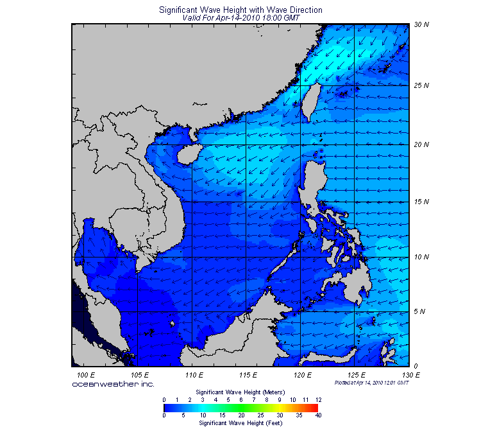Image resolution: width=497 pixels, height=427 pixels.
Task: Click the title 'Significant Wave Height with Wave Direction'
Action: [240, 10]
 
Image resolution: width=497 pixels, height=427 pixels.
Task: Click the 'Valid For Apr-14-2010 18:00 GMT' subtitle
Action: [241, 18]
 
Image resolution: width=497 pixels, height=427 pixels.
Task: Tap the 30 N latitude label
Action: [421, 24]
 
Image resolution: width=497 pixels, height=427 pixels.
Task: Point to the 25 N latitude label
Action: [421, 85]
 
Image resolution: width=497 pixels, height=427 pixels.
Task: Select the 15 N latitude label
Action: [421, 202]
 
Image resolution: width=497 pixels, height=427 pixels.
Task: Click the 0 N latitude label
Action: [419, 366]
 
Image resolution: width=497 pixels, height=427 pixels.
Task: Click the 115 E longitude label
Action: [248, 374]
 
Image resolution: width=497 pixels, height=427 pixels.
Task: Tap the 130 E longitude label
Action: [411, 374]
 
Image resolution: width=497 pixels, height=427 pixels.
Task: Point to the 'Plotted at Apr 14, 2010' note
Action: [371, 382]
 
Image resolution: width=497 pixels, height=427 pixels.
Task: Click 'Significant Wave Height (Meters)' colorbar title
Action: [240, 392]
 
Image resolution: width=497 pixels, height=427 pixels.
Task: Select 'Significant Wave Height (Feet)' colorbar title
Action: [240, 423]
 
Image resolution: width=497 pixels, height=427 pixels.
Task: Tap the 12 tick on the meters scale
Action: [318, 399]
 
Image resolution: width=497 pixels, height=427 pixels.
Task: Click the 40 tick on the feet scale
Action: [318, 415]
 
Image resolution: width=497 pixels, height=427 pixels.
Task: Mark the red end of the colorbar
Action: [315, 407]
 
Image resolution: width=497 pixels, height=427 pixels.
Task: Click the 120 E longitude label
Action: [303, 374]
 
